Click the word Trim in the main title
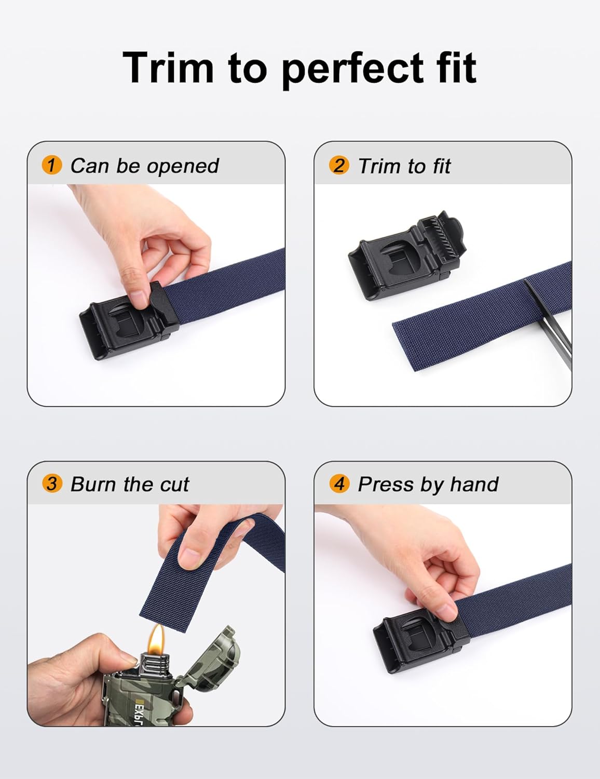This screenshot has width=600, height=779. point(168,68)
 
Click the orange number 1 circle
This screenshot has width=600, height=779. point(51,166)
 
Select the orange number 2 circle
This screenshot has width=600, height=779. point(339,166)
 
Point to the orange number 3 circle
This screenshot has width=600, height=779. point(51,484)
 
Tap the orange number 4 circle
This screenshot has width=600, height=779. point(339,484)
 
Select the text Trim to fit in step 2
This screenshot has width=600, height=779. point(404,166)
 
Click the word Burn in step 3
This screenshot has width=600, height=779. point(93,484)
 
